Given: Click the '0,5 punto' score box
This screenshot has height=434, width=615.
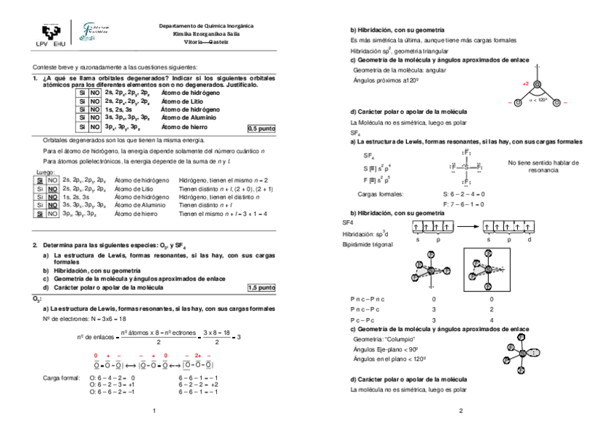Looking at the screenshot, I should [x=262, y=128].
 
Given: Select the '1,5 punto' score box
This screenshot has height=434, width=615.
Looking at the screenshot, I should [x=262, y=288].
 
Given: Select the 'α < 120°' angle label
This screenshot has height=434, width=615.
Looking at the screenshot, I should [x=537, y=101].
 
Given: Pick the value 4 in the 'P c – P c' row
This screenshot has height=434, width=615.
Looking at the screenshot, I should [x=492, y=320].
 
